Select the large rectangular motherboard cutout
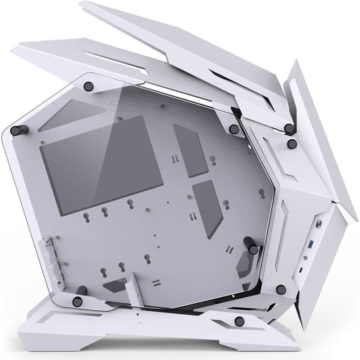102,163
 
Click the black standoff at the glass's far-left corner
17,130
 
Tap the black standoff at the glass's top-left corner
88,86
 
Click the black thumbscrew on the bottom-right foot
239,321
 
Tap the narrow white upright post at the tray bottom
132,288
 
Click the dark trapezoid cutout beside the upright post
113,286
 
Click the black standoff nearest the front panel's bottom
281,289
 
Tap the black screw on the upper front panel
292,144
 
